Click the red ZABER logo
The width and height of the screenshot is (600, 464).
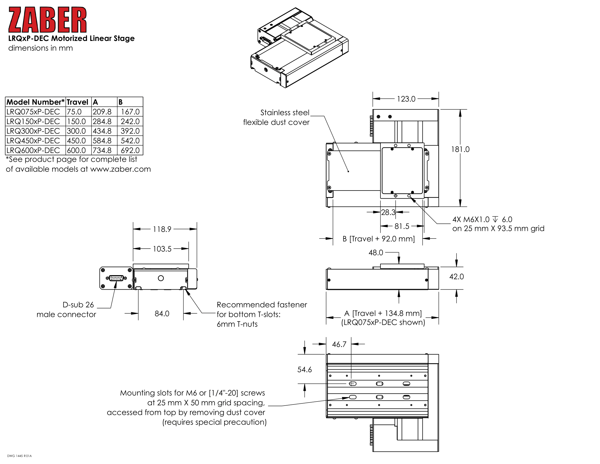pos(47,20)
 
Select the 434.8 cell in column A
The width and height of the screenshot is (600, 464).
pos(102,131)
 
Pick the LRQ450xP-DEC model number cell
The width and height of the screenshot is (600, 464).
pos(33,141)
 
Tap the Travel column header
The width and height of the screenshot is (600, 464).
pos(77,102)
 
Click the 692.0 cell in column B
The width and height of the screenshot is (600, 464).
pos(130,150)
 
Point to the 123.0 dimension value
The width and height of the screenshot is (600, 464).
pos(406,99)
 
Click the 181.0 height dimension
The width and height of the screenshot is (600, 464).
pos(460,149)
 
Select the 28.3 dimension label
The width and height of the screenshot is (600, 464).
pos(388,212)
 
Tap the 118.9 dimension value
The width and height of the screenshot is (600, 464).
pos(162,229)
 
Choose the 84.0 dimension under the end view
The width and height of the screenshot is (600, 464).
pos(162,314)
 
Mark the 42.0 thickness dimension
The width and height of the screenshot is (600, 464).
pos(456,276)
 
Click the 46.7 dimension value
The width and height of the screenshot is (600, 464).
pos(339,344)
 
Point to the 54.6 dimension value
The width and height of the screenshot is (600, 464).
pos(304,370)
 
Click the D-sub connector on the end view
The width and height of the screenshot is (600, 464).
pos(116,278)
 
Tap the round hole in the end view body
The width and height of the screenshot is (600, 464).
pos(161,278)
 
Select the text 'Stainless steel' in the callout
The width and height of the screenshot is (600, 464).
pos(285,113)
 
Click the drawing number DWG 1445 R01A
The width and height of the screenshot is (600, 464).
pos(19,456)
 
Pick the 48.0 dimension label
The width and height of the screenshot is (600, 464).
pos(376,253)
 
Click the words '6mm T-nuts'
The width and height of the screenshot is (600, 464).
pos(237,324)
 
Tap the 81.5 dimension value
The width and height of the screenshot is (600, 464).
pos(402,226)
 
